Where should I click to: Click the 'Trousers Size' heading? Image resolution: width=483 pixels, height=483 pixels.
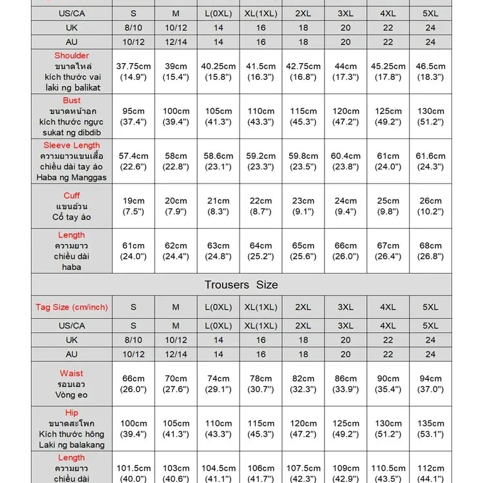click(x=241, y=285)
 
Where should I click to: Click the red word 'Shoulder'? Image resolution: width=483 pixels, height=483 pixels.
click(x=71, y=56)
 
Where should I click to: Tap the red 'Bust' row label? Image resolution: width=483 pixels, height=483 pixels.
click(x=71, y=100)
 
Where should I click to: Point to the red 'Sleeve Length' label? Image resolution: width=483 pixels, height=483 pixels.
click(x=71, y=146)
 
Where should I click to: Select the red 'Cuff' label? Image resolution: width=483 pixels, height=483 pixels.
click(x=71, y=195)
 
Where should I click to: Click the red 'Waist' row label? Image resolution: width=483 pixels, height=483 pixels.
click(x=71, y=374)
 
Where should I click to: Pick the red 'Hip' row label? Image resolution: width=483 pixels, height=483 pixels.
click(x=71, y=413)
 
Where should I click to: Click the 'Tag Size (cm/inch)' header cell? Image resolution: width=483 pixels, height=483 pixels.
click(x=71, y=307)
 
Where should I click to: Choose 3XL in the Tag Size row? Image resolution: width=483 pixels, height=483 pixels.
click(x=346, y=307)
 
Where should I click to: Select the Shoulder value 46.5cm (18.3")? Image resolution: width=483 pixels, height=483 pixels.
click(x=430, y=71)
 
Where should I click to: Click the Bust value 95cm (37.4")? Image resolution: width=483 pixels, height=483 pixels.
click(x=133, y=116)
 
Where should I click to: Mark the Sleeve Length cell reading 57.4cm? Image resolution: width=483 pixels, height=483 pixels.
click(x=133, y=161)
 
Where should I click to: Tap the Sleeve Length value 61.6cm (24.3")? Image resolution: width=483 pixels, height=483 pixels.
click(x=430, y=161)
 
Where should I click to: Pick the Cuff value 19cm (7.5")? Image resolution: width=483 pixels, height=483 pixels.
click(x=133, y=205)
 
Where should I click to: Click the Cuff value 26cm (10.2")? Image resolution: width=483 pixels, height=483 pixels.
click(x=430, y=205)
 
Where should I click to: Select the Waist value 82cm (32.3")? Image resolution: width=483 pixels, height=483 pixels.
click(x=303, y=384)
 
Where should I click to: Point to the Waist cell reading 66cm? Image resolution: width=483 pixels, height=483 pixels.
click(x=133, y=384)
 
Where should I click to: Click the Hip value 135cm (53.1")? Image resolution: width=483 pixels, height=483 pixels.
click(x=430, y=429)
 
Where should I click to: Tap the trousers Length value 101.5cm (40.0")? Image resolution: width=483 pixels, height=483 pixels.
click(x=133, y=473)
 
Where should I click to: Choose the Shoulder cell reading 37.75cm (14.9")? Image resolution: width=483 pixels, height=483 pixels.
click(x=133, y=71)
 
